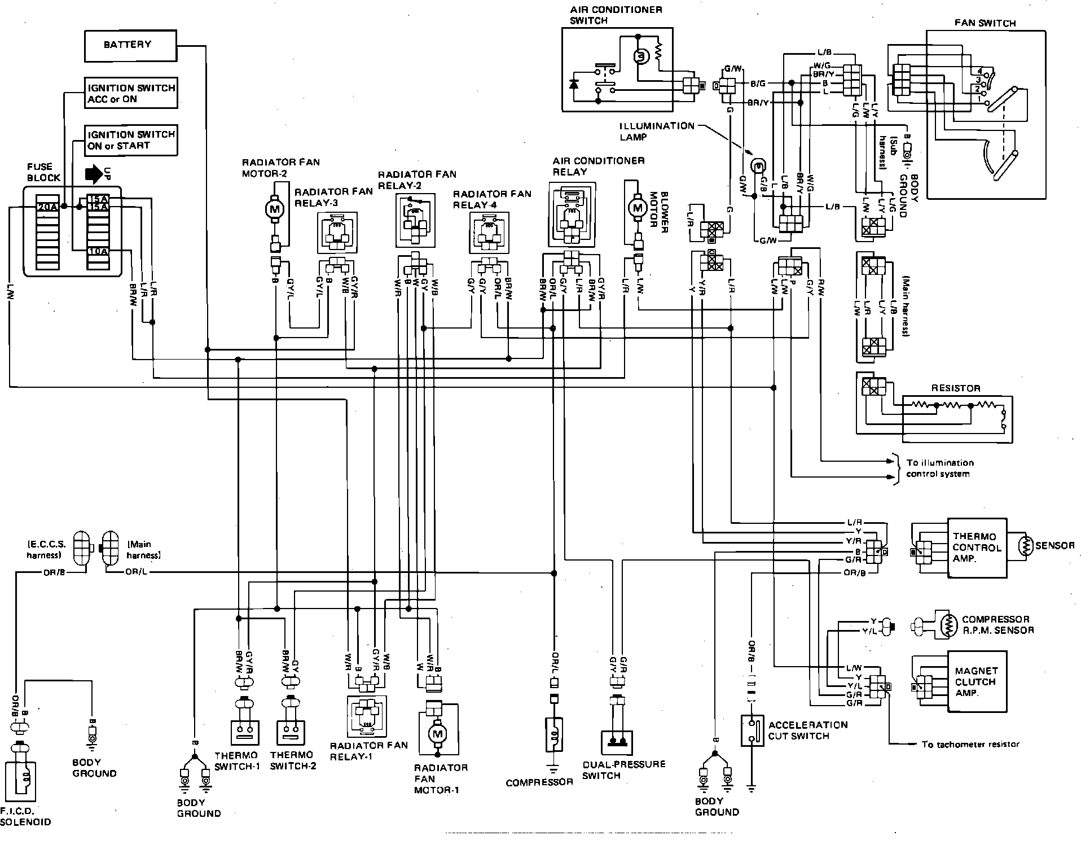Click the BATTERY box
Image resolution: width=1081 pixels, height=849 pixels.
click(130, 45)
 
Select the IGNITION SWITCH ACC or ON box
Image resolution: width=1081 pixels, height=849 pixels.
click(131, 93)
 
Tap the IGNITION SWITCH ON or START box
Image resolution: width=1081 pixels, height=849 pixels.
click(131, 139)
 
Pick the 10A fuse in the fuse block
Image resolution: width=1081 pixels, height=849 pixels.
click(98, 251)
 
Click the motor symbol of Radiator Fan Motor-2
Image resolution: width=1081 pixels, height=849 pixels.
click(275, 209)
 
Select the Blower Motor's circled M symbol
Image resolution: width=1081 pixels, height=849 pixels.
click(638, 208)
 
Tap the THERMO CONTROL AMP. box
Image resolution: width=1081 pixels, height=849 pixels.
click(977, 548)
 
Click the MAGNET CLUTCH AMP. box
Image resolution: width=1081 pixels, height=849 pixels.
click(977, 681)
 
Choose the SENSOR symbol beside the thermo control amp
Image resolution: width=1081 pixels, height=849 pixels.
click(1025, 546)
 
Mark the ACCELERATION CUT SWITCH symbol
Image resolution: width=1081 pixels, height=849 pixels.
click(752, 730)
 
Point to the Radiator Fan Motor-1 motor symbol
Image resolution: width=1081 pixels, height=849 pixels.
click(437, 734)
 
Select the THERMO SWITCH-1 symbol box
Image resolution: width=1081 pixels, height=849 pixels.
click(244, 733)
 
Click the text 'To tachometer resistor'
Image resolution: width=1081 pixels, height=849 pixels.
click(970, 745)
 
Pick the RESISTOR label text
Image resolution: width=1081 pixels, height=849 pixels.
click(956, 388)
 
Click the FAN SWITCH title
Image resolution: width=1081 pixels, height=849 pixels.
click(985, 23)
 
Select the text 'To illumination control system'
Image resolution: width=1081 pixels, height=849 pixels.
click(940, 468)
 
